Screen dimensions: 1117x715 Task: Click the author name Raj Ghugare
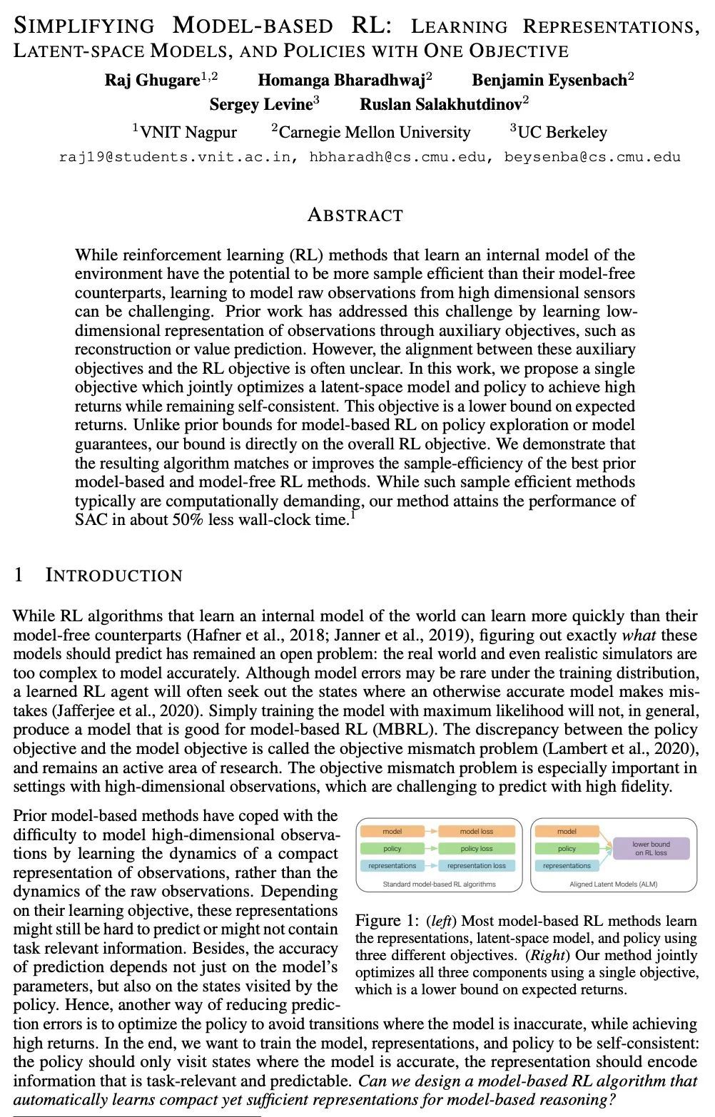[152, 80]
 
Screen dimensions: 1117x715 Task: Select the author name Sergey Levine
[260, 105]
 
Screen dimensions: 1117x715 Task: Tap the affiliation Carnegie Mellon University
[375, 132]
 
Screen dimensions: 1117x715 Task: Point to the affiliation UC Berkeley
[562, 132]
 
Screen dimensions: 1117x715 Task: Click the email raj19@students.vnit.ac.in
[176, 157]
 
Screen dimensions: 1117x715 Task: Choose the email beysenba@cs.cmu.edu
[592, 157]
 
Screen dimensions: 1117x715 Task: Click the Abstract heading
[355, 215]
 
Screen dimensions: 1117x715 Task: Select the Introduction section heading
[113, 575]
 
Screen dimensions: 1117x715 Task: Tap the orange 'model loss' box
[476, 831]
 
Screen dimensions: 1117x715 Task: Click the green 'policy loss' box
[476, 848]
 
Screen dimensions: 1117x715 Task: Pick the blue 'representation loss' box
[476, 865]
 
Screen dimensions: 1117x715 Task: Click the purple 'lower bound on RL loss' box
[651, 848]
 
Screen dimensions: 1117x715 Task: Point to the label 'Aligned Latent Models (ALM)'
[613, 884]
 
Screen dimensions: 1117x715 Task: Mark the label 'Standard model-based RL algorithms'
[439, 884]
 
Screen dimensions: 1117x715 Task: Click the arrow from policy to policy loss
[430, 848]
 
